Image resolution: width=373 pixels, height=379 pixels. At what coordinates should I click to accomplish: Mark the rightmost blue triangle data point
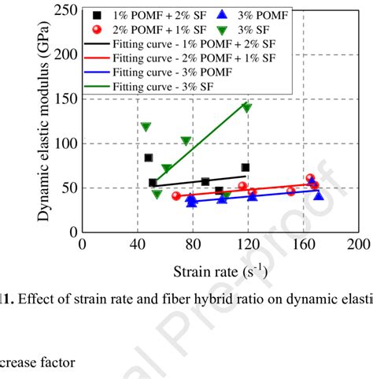(319, 195)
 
